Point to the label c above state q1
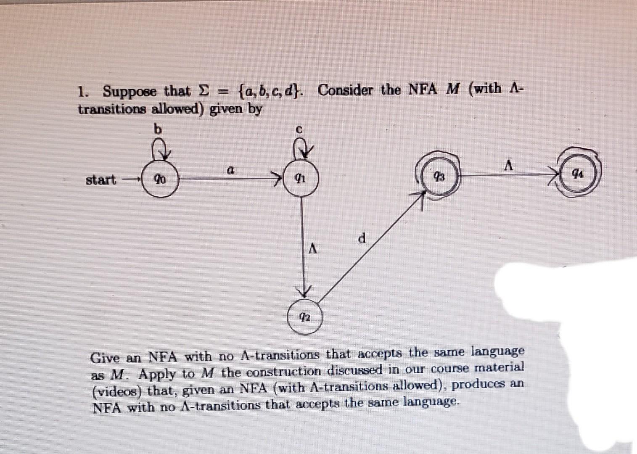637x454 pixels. pos(299,129)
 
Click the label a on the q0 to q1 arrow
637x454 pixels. pos(230,170)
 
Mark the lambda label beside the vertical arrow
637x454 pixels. pos(312,249)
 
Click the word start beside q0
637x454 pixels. pos(100,180)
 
